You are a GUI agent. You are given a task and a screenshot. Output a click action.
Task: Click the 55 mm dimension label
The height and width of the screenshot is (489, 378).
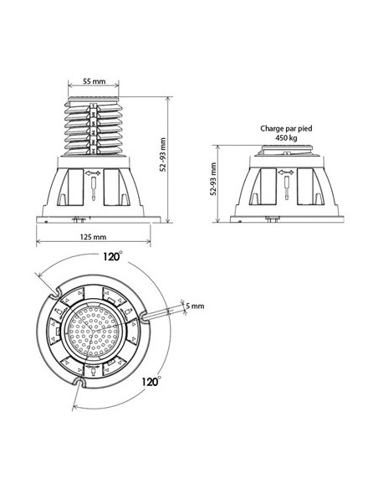94,81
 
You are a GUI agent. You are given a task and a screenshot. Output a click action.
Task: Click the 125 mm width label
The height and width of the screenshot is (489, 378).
93,237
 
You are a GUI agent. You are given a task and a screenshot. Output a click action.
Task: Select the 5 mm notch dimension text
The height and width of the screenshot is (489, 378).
195,306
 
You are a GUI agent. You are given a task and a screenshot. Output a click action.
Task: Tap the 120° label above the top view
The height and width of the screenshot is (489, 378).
112,256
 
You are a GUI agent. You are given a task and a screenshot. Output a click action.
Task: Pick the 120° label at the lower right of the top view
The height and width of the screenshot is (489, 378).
151,381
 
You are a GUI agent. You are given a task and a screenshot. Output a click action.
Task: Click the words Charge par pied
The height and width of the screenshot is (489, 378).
286,128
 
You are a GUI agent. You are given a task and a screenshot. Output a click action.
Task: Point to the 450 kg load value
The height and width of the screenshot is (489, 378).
286,137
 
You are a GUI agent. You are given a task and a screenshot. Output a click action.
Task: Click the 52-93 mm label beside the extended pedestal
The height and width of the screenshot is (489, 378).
163,154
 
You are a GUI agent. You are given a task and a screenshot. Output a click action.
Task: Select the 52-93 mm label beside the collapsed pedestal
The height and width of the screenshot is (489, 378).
213,178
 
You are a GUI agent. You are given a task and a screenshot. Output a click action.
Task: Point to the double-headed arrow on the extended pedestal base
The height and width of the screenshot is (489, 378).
94,172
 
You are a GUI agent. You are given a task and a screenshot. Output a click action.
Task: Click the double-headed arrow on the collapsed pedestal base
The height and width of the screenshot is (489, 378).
286,172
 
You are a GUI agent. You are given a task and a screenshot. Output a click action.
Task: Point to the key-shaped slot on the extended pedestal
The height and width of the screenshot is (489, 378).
94,188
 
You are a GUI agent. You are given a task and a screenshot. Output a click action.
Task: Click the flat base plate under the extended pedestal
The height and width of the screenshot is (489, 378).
98,219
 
